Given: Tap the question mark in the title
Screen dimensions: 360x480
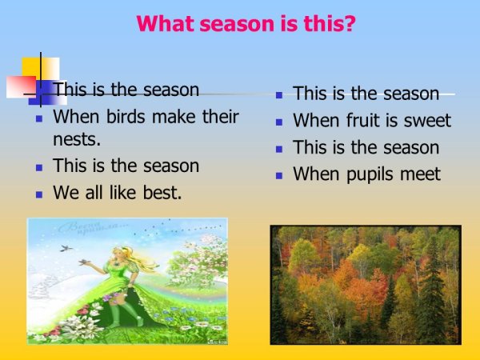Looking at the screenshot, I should pos(350,23).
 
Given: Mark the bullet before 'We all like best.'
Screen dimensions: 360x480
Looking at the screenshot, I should pos(38,194).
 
